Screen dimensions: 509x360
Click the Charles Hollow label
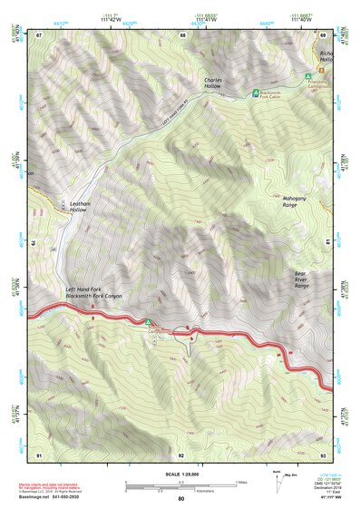point(213,83)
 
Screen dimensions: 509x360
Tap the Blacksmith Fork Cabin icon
point(254,93)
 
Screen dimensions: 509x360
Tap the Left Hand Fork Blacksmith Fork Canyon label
point(93,293)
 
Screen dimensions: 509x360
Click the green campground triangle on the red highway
point(148,321)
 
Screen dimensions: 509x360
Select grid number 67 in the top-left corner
point(40,35)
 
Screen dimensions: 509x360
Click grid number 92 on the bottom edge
point(181,454)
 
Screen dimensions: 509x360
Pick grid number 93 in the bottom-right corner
point(323,454)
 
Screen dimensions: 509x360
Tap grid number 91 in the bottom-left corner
point(39,454)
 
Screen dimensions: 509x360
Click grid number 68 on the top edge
point(182,35)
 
